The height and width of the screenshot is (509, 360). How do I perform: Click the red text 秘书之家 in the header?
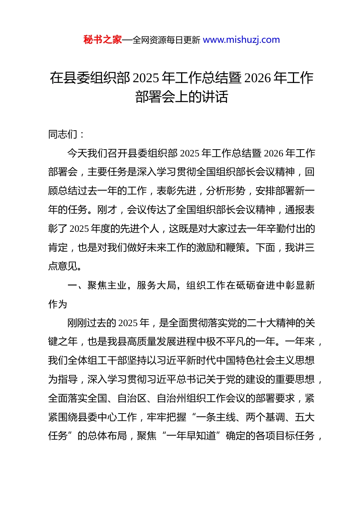pos(102,40)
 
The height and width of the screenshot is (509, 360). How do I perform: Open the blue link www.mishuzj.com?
pos(241,40)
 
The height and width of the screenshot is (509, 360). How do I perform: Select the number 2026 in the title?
pos(258,78)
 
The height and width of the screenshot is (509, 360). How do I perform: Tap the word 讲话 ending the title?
pos(215,97)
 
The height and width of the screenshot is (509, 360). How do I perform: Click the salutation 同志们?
pos(63,134)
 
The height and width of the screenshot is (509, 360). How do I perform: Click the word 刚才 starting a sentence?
pos(107,210)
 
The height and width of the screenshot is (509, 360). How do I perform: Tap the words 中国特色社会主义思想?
pos(270,361)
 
